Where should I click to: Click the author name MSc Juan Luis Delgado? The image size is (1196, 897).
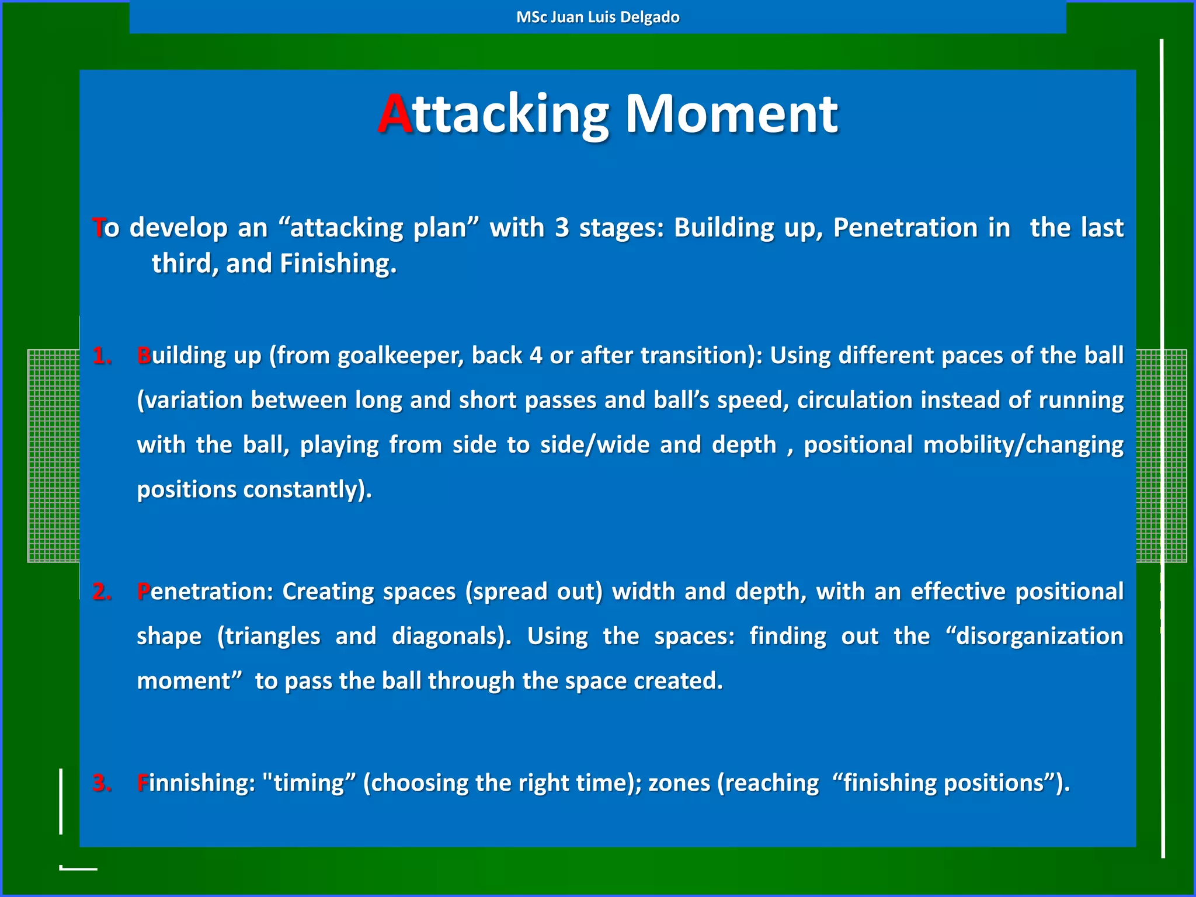point(597,17)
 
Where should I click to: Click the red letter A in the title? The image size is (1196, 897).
point(395,114)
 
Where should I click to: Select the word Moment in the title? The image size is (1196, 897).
point(731,114)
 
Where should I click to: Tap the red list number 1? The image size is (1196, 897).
point(102,356)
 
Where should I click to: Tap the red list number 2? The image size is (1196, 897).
point(102,592)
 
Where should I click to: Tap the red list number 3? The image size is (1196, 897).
point(102,783)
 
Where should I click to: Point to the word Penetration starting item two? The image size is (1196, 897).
point(204,592)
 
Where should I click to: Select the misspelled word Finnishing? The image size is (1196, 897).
point(196,783)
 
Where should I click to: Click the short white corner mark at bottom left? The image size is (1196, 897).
point(78,868)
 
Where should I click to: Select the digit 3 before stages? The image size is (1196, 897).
point(561,228)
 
